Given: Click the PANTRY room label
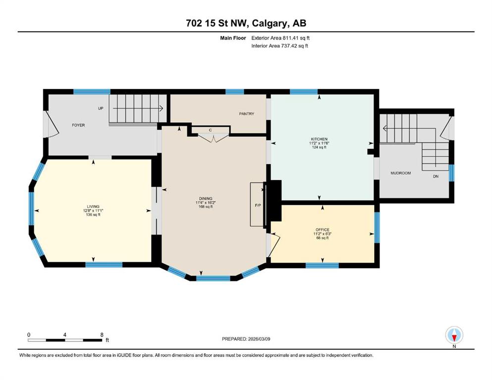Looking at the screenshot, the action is [246, 114].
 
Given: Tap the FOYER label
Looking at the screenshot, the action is [78, 125].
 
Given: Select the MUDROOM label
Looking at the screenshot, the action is [400, 173].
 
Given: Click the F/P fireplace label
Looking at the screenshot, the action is [258, 205].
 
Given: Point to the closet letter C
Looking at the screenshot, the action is [211, 130].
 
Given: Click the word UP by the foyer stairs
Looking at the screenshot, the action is [101, 108].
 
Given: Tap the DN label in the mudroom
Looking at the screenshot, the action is [436, 176].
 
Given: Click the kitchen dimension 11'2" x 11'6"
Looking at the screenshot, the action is [319, 143].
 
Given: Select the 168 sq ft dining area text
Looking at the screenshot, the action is [206, 206].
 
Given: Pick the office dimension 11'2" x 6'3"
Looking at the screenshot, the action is [323, 234].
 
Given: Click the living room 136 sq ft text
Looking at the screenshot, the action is [93, 215].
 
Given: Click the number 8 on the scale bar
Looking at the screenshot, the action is [102, 334].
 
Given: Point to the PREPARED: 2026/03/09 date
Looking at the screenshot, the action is [246, 339].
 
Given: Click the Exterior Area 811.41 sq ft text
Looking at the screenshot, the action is [280, 38].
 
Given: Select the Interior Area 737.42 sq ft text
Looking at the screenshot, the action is [279, 46].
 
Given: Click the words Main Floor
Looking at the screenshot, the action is [233, 38].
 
